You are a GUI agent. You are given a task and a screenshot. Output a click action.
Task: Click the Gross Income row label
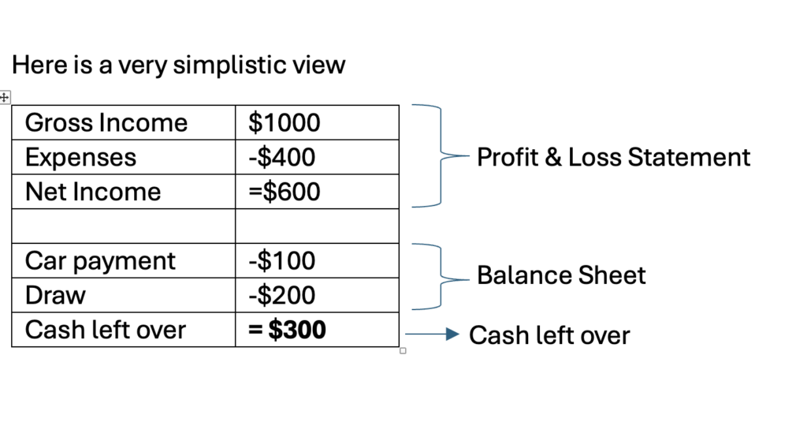point(106,122)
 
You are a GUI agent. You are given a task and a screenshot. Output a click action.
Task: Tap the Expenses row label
point(80,158)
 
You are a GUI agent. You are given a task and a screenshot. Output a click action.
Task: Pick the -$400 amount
point(281,157)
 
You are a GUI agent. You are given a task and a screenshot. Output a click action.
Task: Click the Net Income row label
point(93,192)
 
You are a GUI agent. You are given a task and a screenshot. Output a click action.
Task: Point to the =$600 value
point(284,192)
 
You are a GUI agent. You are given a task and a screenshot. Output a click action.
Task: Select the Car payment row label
point(100,261)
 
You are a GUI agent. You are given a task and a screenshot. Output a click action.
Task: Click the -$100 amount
point(281,261)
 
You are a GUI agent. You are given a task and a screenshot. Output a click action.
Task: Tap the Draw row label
point(55,295)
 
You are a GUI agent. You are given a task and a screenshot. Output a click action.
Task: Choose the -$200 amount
point(281,295)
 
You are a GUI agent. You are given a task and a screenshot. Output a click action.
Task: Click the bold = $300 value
point(287,330)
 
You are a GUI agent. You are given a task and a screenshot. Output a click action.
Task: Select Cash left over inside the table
point(105,330)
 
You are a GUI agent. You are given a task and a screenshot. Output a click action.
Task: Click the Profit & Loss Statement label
point(613,157)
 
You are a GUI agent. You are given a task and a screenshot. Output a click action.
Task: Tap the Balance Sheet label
point(561,275)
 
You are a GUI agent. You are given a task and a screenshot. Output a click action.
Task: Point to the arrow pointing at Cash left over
point(433,334)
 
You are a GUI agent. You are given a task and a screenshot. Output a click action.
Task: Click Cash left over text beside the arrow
point(549,335)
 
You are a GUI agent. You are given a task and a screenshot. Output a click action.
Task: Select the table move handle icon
point(5,97)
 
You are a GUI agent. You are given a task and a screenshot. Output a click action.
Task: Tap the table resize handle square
point(403,351)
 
